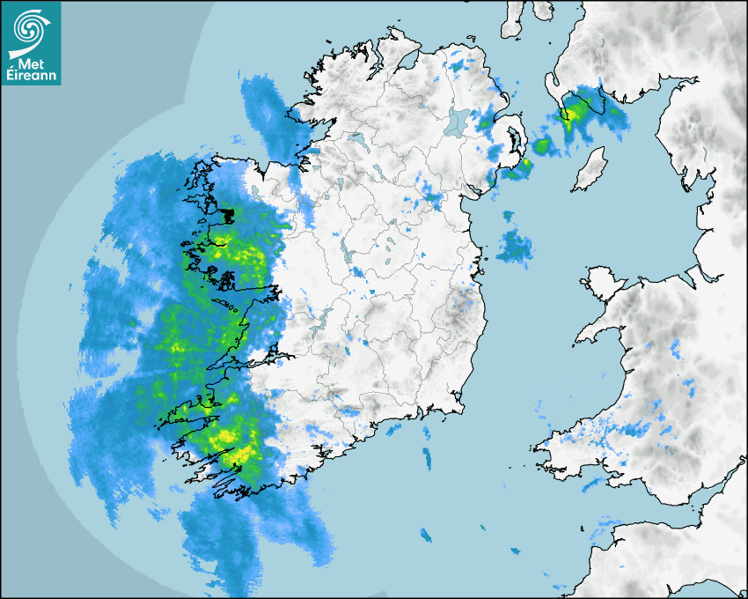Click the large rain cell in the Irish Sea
pos(515,246)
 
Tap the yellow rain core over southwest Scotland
pos(576,109)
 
